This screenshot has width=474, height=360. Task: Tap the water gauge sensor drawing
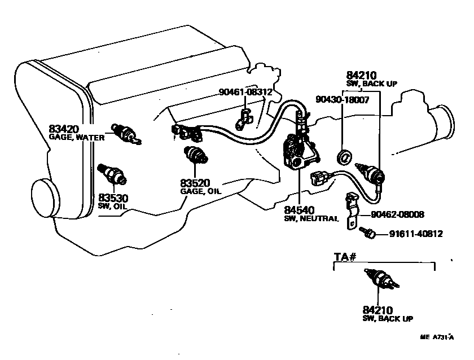coord(125,133)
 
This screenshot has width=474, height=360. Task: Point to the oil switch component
coord(110,173)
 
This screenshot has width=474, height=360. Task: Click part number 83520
coord(195,183)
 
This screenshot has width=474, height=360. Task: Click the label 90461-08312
coord(245,91)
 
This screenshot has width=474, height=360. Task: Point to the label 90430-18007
coord(343,99)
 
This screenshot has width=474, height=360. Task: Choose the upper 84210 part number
coord(361,75)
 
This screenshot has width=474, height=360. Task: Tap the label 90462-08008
coord(398,214)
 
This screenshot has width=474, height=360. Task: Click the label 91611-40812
coord(415,232)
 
